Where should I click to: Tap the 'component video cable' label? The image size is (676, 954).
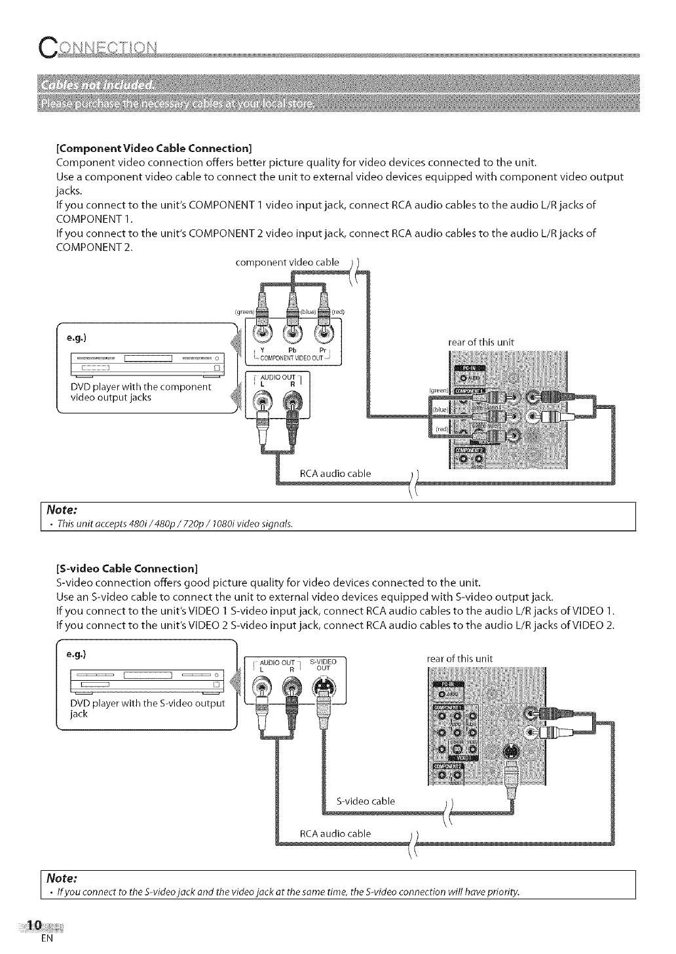coord(287,263)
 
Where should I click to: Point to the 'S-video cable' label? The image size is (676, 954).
coord(366,801)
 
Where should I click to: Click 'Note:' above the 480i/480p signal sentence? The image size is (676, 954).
coord(62,509)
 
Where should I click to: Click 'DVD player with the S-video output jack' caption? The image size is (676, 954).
coord(147,708)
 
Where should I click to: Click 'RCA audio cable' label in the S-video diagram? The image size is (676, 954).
coord(335,833)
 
